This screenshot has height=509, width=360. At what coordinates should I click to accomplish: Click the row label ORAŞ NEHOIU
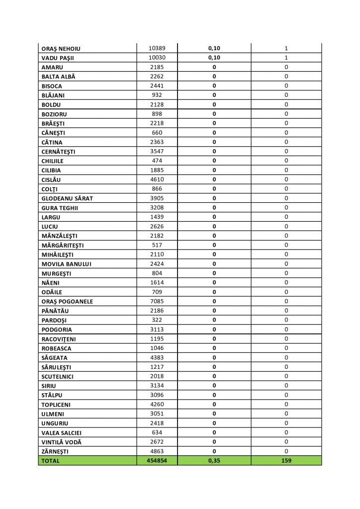point(61,49)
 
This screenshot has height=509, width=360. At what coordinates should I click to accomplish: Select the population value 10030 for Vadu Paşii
point(157,58)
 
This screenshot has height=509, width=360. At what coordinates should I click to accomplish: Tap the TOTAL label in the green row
point(51,461)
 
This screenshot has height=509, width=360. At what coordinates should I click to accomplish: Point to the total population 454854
point(157,460)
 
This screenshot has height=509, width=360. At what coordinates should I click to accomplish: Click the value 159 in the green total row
point(286,460)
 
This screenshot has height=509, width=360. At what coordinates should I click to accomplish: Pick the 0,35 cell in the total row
point(214,460)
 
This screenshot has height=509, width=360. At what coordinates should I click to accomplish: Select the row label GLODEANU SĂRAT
point(68,198)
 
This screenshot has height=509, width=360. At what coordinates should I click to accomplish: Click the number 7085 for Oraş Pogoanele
point(157,301)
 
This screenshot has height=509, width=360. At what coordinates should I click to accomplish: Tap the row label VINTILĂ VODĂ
point(62,442)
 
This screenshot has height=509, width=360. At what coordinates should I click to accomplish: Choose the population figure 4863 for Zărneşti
point(157,451)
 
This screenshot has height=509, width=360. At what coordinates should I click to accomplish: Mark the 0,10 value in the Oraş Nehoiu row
point(214,49)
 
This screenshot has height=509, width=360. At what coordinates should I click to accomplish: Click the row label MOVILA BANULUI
point(67,264)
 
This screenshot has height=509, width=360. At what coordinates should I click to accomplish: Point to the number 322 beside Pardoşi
point(157,320)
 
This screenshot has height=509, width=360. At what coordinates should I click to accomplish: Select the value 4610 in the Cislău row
point(157,179)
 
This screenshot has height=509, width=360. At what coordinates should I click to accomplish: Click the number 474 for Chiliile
point(157,161)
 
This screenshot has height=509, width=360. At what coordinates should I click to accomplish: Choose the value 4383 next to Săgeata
point(157,357)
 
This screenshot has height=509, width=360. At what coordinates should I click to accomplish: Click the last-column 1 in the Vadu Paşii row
point(286,58)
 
